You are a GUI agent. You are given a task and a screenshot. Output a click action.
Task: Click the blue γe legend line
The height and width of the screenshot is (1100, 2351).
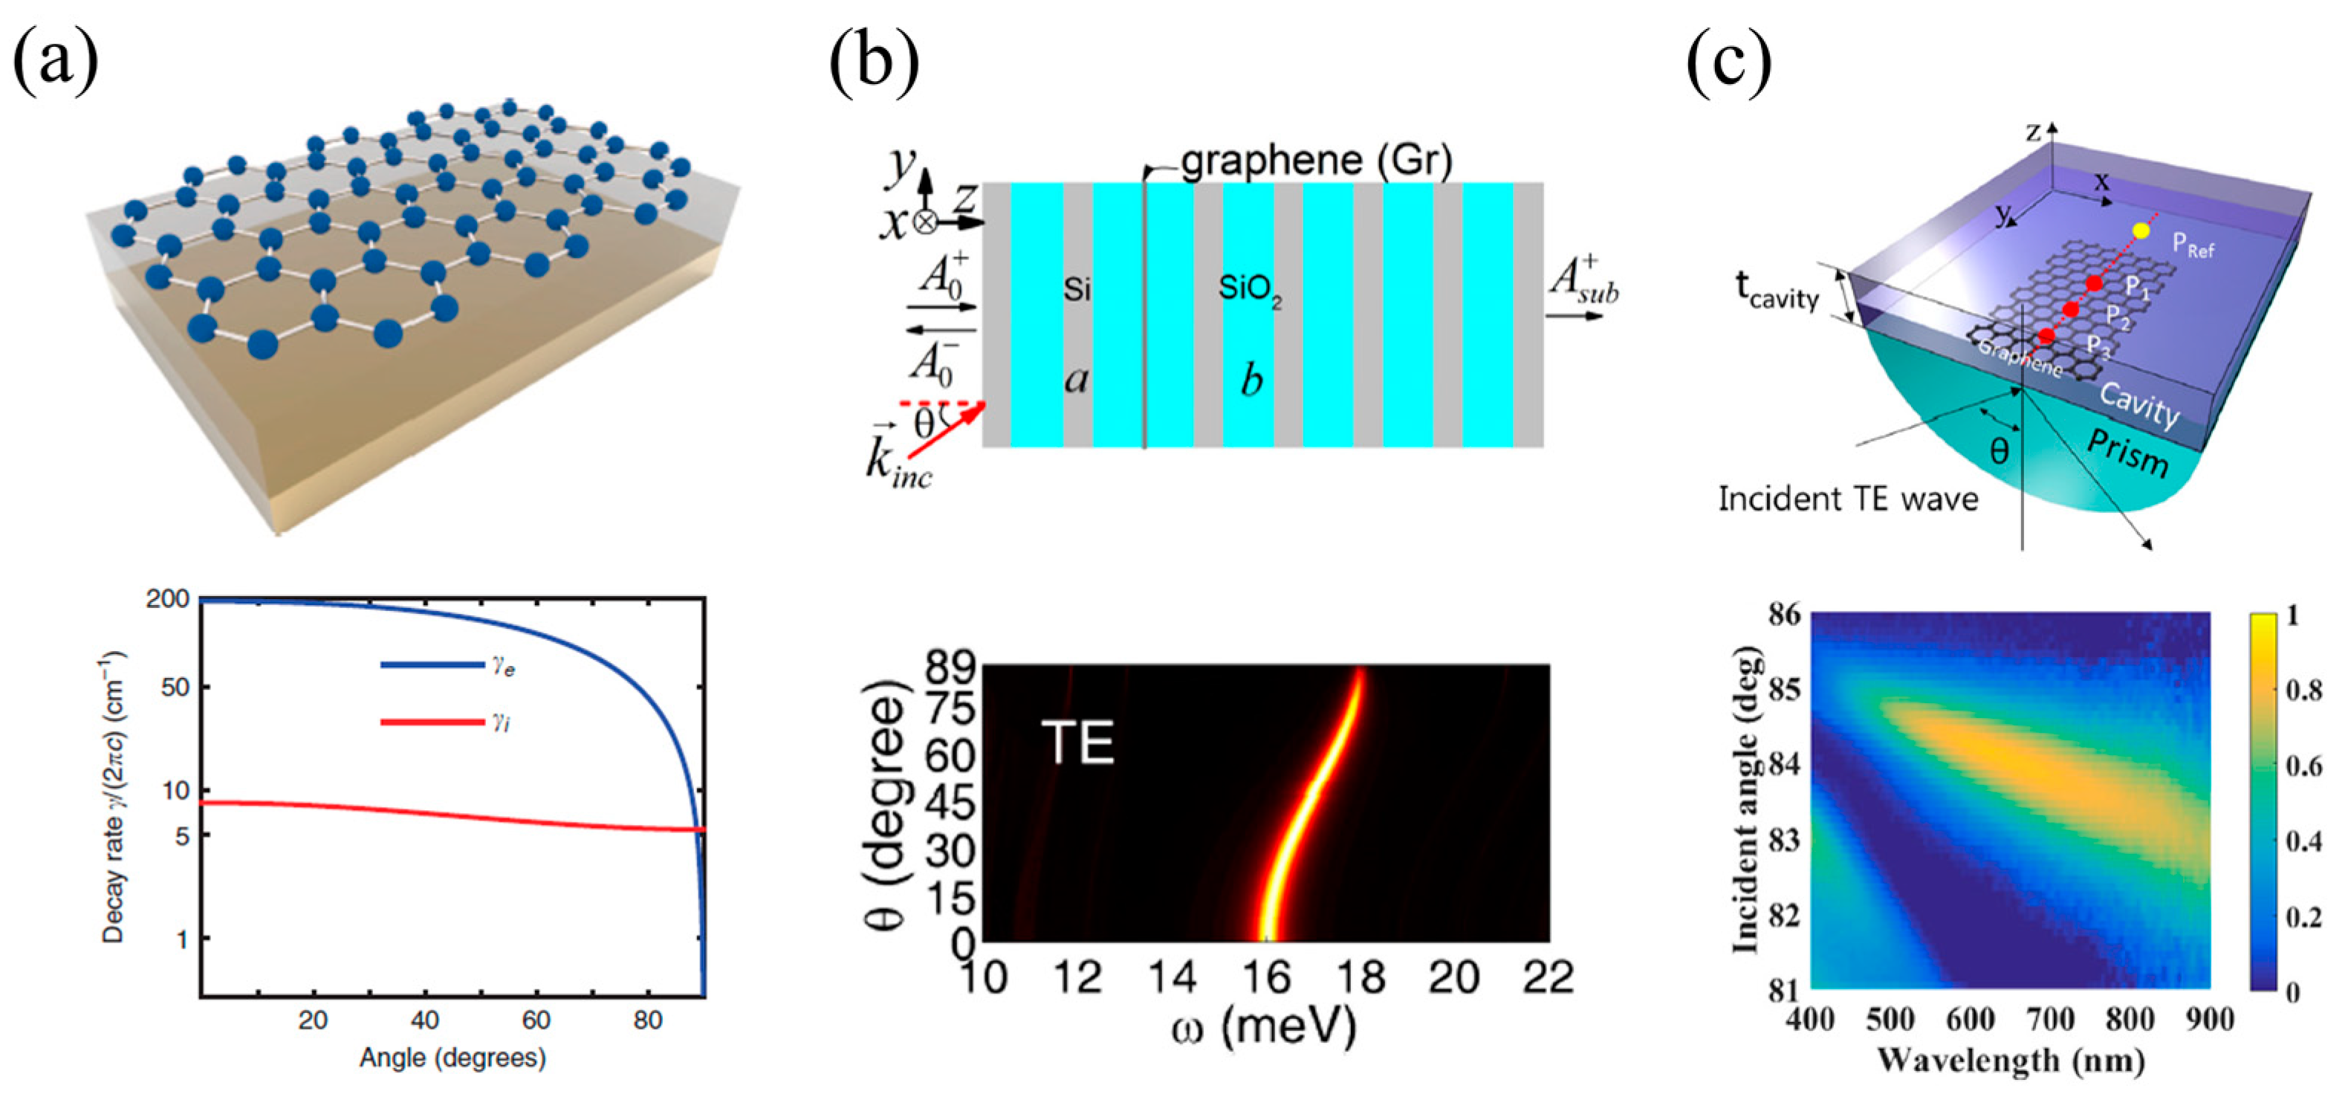(x=432, y=664)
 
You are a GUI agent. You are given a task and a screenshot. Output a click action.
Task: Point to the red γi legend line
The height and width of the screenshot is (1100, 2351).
(x=432, y=723)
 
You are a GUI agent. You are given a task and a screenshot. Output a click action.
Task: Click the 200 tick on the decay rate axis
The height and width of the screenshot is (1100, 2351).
(x=168, y=600)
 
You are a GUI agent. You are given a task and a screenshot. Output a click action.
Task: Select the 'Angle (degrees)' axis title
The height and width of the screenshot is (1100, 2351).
(x=453, y=1058)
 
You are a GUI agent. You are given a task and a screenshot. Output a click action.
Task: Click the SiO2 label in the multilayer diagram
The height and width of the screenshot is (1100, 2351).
(x=1249, y=291)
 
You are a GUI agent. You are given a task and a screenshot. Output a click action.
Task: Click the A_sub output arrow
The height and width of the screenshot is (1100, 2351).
(x=1574, y=316)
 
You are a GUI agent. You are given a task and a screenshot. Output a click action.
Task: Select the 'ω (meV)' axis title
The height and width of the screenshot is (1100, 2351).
(x=1264, y=1028)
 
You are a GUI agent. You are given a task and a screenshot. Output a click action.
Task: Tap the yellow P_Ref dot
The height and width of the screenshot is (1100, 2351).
(x=2141, y=231)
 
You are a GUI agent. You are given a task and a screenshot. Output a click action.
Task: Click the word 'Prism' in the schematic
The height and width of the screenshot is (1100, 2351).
(x=2127, y=453)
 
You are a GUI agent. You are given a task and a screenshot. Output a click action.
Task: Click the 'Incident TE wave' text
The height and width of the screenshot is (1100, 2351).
(x=1848, y=499)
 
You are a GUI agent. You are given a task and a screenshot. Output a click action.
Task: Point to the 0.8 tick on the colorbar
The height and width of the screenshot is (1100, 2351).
(x=2303, y=690)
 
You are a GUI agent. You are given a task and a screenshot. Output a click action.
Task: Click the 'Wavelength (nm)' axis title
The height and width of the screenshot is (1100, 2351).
(x=2011, y=1061)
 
